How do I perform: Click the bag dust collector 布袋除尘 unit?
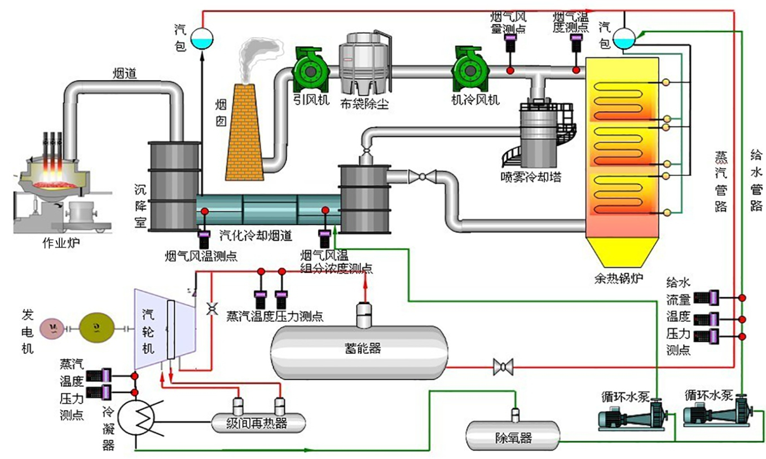click(364, 62)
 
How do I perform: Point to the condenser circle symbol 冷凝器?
click(137, 418)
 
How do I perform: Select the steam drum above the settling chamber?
click(201, 38)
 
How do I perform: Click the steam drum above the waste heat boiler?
click(624, 38)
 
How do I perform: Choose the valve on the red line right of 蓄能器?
click(500, 367)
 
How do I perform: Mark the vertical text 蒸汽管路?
click(721, 180)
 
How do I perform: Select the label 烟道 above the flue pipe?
click(125, 73)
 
